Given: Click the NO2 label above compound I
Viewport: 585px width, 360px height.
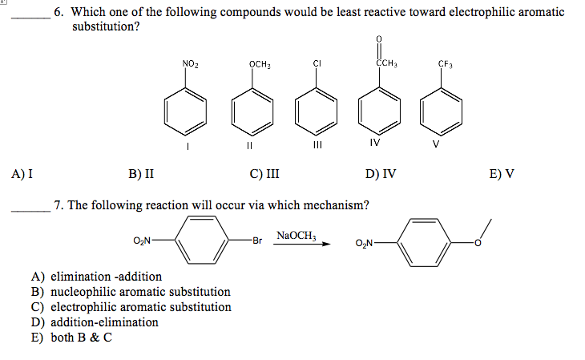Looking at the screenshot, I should (x=190, y=63).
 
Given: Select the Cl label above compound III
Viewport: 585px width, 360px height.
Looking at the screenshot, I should (x=317, y=63).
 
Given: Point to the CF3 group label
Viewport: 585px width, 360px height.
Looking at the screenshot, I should (x=446, y=63).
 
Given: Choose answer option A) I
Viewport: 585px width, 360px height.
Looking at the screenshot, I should (x=22, y=172).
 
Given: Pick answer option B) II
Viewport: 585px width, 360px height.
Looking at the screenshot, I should (x=141, y=172).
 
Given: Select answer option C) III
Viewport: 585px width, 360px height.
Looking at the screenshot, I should (x=264, y=172).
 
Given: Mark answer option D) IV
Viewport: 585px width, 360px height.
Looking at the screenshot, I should (x=381, y=172).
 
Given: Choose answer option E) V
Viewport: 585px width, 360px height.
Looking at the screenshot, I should (x=502, y=172).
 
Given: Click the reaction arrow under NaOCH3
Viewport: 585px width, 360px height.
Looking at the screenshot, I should (x=302, y=245).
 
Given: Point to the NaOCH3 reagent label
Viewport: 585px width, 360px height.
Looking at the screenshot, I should (x=297, y=235).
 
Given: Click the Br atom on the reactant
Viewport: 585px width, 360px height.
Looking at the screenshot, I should (x=256, y=239).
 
